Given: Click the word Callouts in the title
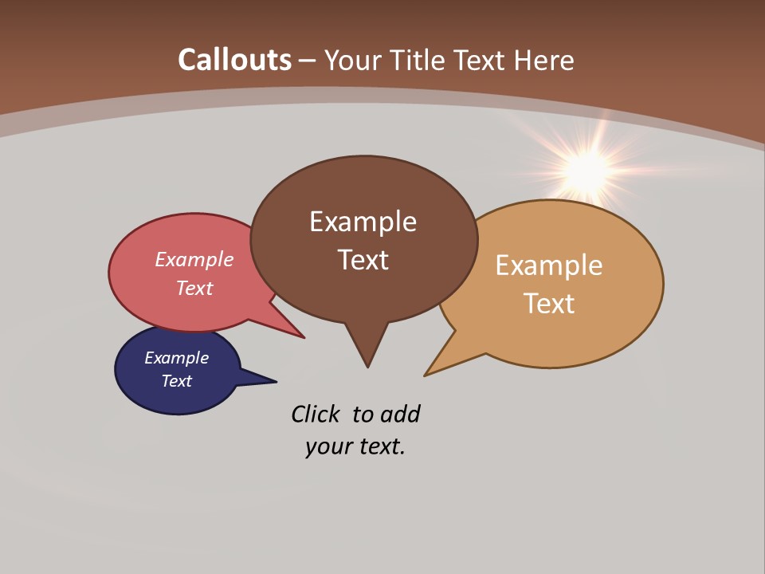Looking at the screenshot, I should pyautogui.click(x=234, y=60).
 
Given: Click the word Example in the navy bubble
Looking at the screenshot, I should pyautogui.click(x=176, y=358).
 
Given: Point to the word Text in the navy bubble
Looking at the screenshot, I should pyautogui.click(x=176, y=381).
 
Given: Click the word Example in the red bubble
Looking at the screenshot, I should pyautogui.click(x=194, y=259).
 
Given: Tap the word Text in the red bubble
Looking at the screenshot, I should pyautogui.click(x=194, y=288).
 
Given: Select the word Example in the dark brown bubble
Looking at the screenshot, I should pyautogui.click(x=363, y=222).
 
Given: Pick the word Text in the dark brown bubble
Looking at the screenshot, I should pyautogui.click(x=363, y=260).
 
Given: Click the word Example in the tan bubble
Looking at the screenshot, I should pyautogui.click(x=549, y=265).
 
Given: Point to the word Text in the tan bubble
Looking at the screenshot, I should pyautogui.click(x=549, y=304).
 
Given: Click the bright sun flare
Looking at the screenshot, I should pyautogui.click(x=588, y=168).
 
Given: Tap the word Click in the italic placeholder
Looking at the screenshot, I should pyautogui.click(x=315, y=414).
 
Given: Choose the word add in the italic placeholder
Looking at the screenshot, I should pyautogui.click(x=400, y=414).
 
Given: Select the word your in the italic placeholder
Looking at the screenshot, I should pyautogui.click(x=328, y=446).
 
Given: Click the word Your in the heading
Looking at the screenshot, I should pyautogui.click(x=351, y=60).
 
